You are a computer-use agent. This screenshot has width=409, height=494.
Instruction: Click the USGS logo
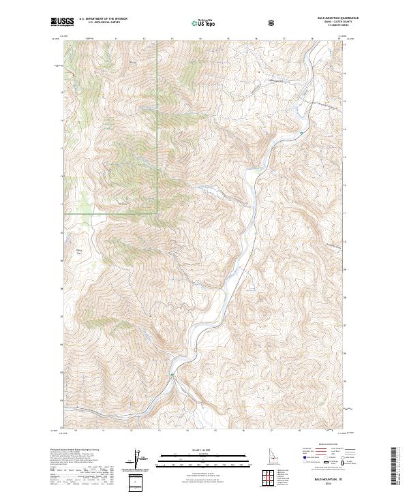[62, 22]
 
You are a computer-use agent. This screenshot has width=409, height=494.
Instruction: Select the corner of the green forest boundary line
[158, 213]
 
